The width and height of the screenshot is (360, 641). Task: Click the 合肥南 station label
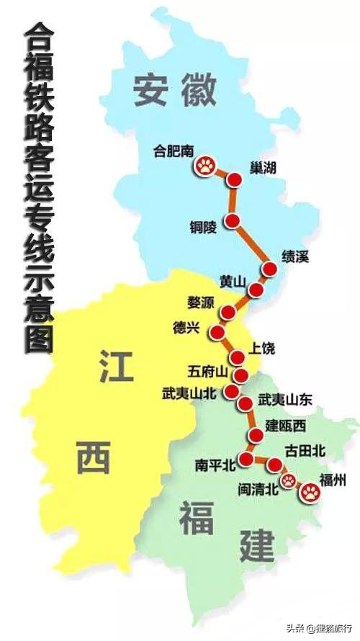(x=174, y=151)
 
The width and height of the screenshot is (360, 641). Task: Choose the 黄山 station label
(x=232, y=281)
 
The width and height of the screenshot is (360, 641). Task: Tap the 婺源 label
(x=201, y=303)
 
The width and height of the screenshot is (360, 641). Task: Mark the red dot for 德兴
(x=217, y=332)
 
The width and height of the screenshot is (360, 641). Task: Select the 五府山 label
(x=207, y=372)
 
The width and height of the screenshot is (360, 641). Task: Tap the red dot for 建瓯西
(x=256, y=435)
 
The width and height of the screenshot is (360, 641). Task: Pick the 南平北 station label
(x=216, y=465)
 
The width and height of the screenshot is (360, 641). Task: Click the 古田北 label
(x=305, y=451)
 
